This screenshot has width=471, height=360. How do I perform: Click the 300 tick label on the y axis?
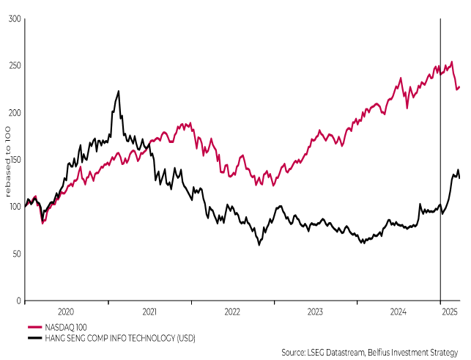pos(13,19)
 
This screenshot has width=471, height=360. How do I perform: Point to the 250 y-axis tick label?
pos(13,66)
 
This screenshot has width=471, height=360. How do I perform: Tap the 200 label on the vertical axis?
pos(13,113)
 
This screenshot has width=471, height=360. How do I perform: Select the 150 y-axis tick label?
pos(13,160)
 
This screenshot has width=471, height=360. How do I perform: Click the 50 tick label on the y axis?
pos(15,254)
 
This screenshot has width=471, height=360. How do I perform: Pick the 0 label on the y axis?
pos(18,301)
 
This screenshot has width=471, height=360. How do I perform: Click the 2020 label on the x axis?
pos(67,312)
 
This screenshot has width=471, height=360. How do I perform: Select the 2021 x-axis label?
pos(149,312)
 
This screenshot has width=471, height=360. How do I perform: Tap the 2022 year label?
pos(232,312)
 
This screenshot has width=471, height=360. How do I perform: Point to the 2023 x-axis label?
pos(315,312)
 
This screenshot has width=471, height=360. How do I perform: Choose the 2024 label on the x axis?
pos(398,312)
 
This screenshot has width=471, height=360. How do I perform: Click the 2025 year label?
pos(450,312)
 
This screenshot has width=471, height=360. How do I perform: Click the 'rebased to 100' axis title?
pos(7,160)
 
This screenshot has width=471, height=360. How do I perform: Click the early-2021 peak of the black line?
pos(119,92)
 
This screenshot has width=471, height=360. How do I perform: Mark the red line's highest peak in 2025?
pos(451,62)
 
